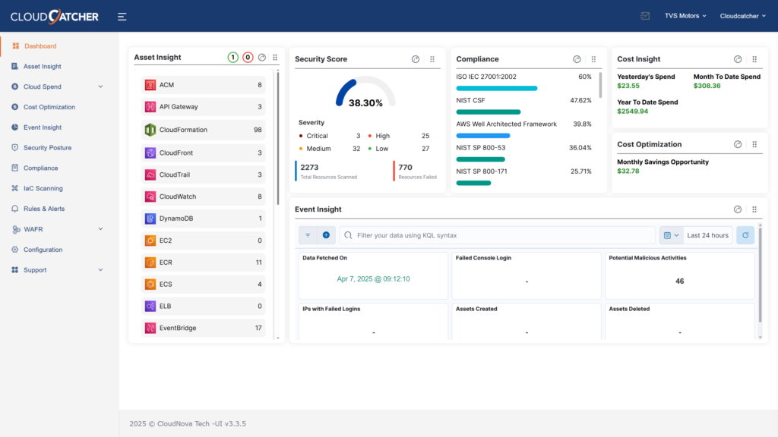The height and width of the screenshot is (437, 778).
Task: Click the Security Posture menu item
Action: pyautogui.click(x=47, y=148)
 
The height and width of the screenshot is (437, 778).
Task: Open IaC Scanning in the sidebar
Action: pyautogui.click(x=43, y=188)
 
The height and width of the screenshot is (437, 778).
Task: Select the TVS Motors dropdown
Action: pyautogui.click(x=685, y=15)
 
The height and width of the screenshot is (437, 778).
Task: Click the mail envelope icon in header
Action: pyautogui.click(x=645, y=15)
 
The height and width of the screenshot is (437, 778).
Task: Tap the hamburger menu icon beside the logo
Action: pyautogui.click(x=122, y=16)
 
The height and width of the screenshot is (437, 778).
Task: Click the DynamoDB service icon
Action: pyautogui.click(x=150, y=218)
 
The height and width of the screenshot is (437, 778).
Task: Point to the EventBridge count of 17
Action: pyautogui.click(x=258, y=328)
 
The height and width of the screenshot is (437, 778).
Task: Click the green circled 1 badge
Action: pyautogui.click(x=232, y=58)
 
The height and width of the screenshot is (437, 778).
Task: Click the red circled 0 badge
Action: pyautogui.click(x=248, y=58)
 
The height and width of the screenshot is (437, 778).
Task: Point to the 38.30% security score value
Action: pyautogui.click(x=365, y=103)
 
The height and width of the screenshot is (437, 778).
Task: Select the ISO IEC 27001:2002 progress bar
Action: pyautogui.click(x=496, y=88)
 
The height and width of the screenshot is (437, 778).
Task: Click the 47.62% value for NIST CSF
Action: pyautogui.click(x=580, y=100)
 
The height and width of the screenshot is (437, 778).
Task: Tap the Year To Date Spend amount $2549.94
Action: pyautogui.click(x=633, y=112)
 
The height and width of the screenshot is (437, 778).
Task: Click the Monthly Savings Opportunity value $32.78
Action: pyautogui.click(x=628, y=171)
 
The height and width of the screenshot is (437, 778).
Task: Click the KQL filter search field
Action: pyautogui.click(x=501, y=235)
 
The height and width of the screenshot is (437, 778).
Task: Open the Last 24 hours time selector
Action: pyautogui.click(x=707, y=235)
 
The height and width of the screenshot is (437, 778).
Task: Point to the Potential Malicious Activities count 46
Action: pyautogui.click(x=679, y=281)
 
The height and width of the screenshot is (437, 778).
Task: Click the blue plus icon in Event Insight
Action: pyautogui.click(x=326, y=235)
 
